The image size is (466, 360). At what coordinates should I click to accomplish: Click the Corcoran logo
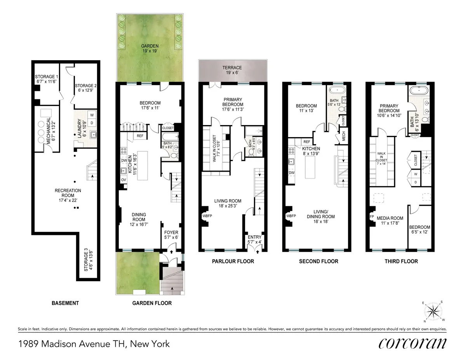pos(412,343)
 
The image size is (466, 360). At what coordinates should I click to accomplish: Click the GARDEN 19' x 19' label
pos(150,48)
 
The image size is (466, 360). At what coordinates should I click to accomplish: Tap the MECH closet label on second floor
pos(343,136)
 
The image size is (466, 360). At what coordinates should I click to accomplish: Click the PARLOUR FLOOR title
pos(233,261)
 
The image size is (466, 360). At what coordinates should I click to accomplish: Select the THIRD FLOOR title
pos(402,261)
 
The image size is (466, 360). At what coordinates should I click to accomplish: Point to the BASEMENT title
pos(65,303)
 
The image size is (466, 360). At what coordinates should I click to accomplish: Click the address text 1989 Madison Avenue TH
pos(94,344)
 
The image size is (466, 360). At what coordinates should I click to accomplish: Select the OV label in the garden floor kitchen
pos(123,180)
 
